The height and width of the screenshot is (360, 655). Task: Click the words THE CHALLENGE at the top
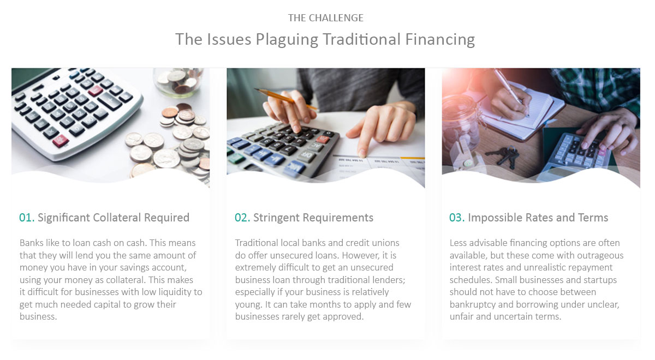[326, 18]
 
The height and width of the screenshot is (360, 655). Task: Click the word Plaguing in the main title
[287, 40]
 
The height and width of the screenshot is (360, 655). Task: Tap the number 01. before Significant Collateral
[27, 218]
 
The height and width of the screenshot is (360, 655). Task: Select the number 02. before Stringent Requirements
[242, 218]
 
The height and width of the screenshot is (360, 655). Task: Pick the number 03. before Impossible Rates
[457, 218]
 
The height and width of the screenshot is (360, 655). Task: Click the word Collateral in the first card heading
[117, 218]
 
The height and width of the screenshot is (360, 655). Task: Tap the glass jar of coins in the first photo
[178, 81]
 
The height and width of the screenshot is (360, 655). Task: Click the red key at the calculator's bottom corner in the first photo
[60, 141]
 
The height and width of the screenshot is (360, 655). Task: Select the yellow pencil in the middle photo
[285, 99]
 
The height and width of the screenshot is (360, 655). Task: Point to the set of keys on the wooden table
[504, 157]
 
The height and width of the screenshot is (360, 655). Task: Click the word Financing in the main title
[440, 40]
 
